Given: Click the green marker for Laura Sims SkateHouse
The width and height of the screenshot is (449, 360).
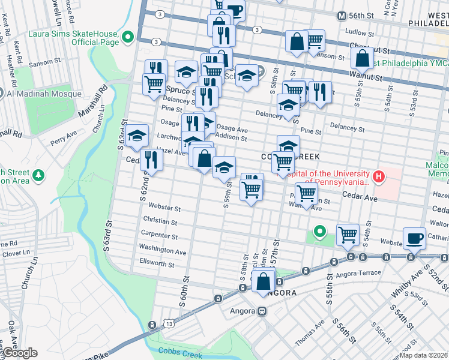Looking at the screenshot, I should click(x=127, y=38).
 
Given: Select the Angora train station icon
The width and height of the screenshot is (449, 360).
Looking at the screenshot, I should click(x=262, y=311).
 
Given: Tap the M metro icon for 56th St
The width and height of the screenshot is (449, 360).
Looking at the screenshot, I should click(x=342, y=16).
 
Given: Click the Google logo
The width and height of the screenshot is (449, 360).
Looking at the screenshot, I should click(x=19, y=353).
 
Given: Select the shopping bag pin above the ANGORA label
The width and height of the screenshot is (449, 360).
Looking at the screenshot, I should click(x=264, y=280).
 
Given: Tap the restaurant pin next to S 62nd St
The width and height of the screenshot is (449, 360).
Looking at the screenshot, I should click(x=151, y=159).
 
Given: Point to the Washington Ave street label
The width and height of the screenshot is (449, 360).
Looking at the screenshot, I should click(x=163, y=249).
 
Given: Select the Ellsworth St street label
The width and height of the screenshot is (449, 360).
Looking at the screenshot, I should click(x=157, y=263).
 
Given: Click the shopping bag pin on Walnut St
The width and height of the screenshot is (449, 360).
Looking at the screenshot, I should click(x=362, y=58).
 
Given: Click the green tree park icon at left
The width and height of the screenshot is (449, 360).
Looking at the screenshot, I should click(x=40, y=175).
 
